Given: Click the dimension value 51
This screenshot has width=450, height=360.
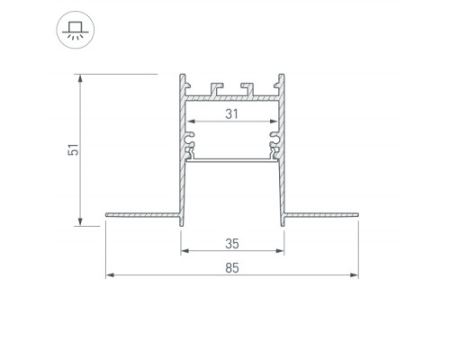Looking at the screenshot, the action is click(x=74, y=149).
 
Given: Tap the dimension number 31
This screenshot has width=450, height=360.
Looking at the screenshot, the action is click(x=232, y=114).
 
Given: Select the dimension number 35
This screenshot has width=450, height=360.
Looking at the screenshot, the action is click(x=232, y=244).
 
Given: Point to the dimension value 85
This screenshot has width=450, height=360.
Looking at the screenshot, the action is click(x=232, y=268).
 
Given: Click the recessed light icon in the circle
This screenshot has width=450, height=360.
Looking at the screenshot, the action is click(x=76, y=31).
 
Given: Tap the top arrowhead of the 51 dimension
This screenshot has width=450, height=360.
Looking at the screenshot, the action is click(x=80, y=78).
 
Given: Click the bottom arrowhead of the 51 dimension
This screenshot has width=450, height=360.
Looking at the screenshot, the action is click(x=80, y=221).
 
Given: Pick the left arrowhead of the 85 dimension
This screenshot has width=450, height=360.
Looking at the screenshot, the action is click(x=110, y=275).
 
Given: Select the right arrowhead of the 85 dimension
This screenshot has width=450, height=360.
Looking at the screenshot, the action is click(x=355, y=275).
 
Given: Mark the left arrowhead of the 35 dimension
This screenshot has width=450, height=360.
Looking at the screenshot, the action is click(x=185, y=250).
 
